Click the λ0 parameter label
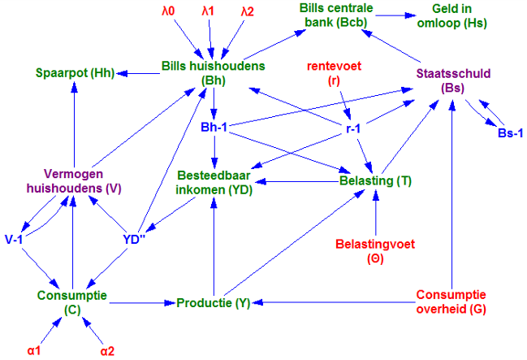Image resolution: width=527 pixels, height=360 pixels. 168,11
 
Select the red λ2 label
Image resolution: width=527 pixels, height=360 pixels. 248,11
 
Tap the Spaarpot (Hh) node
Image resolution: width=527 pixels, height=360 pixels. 76,73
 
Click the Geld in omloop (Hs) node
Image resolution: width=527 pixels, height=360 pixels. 451,15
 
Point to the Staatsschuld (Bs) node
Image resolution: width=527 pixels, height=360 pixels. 453,80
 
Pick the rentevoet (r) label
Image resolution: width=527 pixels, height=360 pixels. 334,73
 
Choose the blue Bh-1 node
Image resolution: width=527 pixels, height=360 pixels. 214,127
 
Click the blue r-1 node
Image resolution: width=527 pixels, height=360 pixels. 353,128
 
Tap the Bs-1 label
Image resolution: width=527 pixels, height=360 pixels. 510,133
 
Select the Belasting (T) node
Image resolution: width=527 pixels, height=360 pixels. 375,180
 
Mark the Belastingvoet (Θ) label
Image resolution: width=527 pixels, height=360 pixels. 375,251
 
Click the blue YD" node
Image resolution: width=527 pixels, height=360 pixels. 134,240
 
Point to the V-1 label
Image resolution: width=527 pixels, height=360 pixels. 14,239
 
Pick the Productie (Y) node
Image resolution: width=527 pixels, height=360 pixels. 214,303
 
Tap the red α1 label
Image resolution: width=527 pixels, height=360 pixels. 34,350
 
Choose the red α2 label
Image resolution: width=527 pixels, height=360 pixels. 107,351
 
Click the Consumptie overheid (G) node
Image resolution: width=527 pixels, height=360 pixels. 451,301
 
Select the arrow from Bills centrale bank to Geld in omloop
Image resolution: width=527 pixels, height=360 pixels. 396,15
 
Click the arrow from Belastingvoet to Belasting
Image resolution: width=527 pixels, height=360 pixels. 376,213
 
